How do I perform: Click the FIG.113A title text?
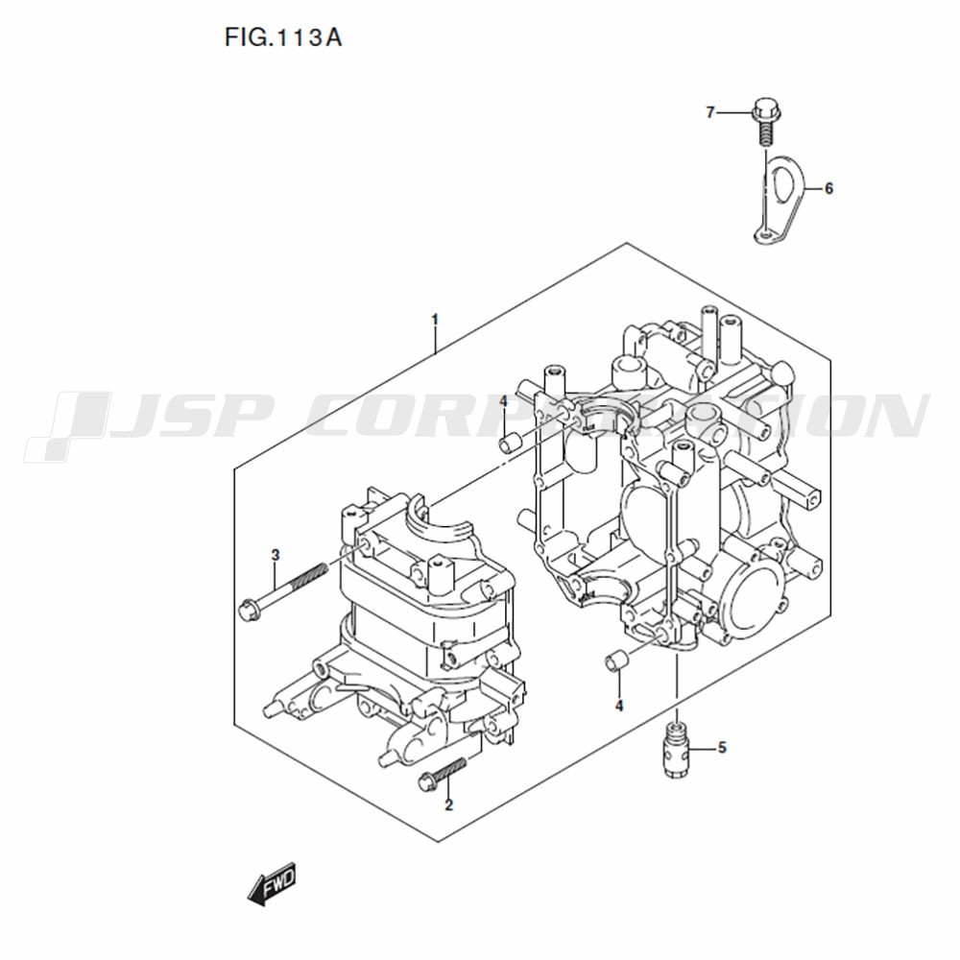(x=283, y=38)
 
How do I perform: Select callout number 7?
(x=710, y=112)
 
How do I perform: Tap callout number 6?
(x=828, y=188)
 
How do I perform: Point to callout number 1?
(x=435, y=320)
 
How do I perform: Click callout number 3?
(x=276, y=555)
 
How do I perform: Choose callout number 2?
(x=448, y=805)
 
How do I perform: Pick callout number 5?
(x=723, y=748)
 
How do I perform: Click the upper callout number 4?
(x=503, y=401)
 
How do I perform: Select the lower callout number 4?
(x=619, y=706)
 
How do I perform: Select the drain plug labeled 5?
(x=677, y=748)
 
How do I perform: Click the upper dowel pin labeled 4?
(x=511, y=443)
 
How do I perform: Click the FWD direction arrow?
(x=272, y=883)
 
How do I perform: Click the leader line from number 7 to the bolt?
(x=733, y=112)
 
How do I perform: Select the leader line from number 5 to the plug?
(x=703, y=748)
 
